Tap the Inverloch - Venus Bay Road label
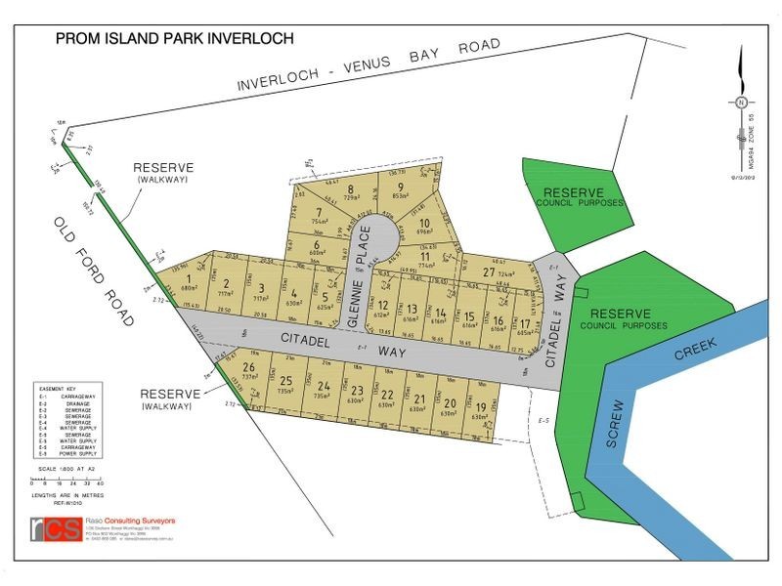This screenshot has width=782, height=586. [369, 65]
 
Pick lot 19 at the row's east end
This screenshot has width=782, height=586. [480, 410]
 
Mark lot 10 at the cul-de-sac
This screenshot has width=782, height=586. [424, 227]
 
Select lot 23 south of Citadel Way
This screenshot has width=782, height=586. [357, 393]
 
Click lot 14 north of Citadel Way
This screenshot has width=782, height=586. [441, 314]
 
